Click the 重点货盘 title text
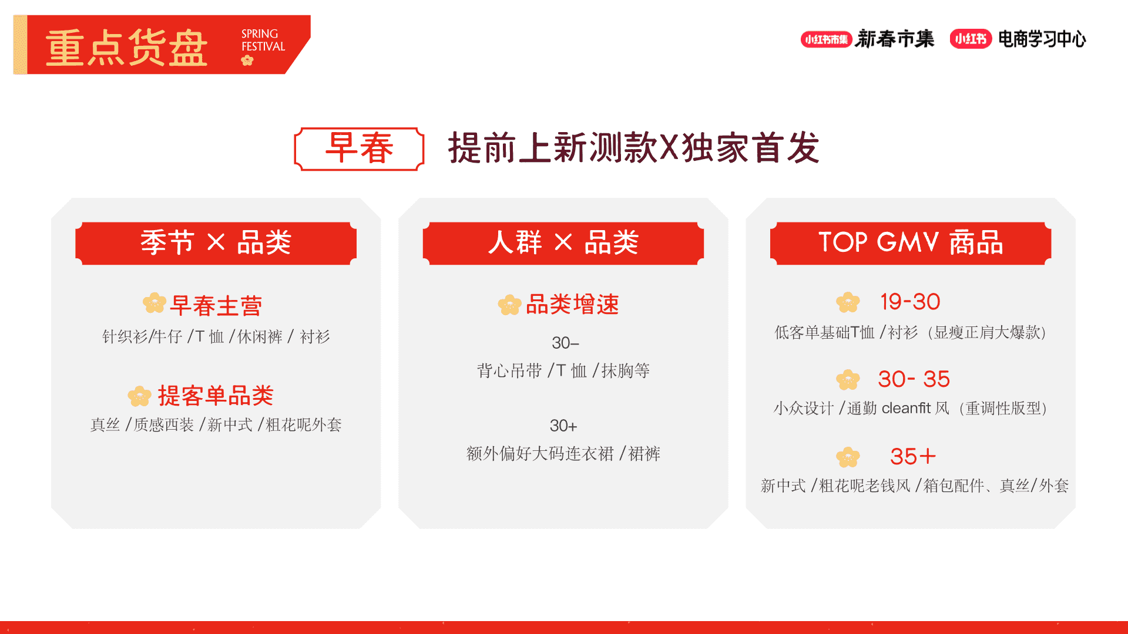pos(126,48)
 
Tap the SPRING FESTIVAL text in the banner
pos(263,41)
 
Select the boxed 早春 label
pos(359,149)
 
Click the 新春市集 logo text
pos(895,39)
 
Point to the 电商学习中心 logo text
pos(1042,39)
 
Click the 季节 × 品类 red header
pos(216,243)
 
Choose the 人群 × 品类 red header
pos(563,243)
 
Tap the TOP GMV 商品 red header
pos(910,243)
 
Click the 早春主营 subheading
pos(216,306)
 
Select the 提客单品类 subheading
pos(216,396)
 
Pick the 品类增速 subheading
pos(572,305)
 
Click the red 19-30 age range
pos(910,302)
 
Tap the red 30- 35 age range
pos(914,379)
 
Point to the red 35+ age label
pos(912,457)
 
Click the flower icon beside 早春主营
pos(155,303)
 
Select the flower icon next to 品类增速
pos(509,305)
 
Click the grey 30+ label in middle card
pos(563,426)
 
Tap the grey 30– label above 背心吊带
pos(565,343)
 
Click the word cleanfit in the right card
pos(907,408)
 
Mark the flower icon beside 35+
pos(848,457)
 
